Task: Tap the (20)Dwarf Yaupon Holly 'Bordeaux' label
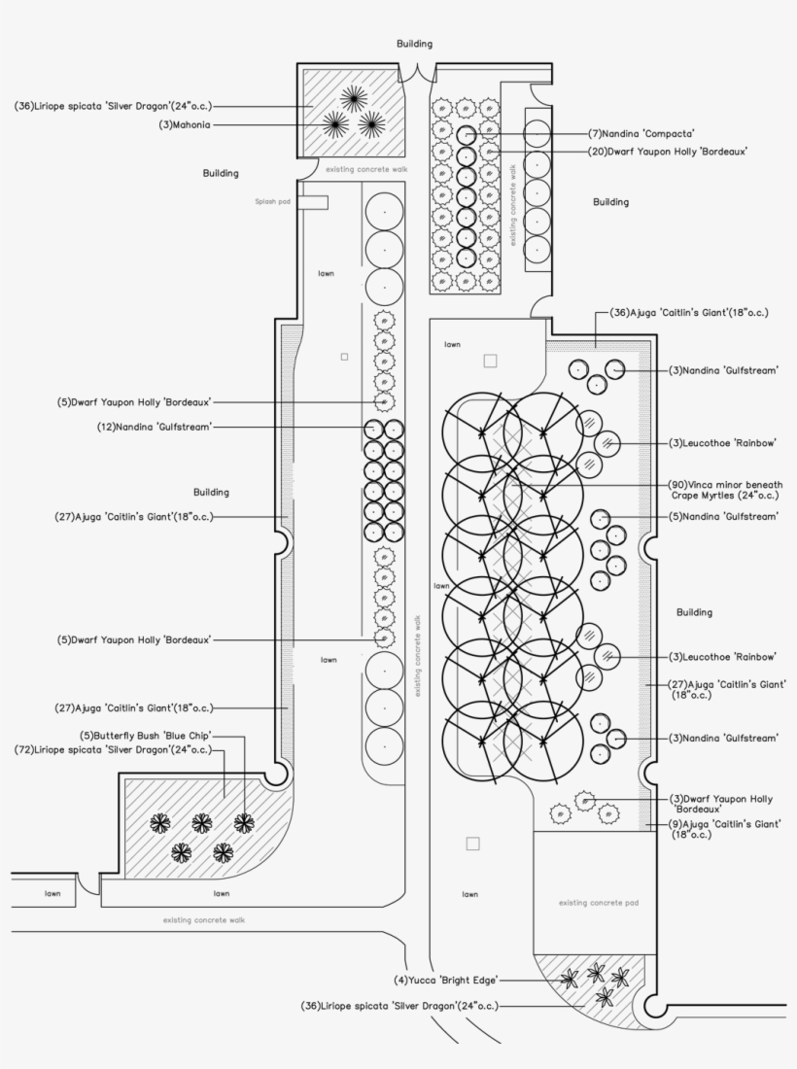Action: pyautogui.click(x=673, y=152)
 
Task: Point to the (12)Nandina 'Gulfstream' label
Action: pyautogui.click(x=154, y=427)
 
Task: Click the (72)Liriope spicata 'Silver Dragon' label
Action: pyautogui.click(x=114, y=750)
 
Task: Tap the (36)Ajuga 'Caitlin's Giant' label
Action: pyautogui.click(x=689, y=313)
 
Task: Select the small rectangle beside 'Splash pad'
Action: pyautogui.click(x=312, y=202)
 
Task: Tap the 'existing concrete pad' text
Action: pyautogui.click(x=599, y=903)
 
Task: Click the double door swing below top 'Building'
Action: pyautogui.click(x=415, y=73)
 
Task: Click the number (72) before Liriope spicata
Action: pyautogui.click(x=27, y=750)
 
